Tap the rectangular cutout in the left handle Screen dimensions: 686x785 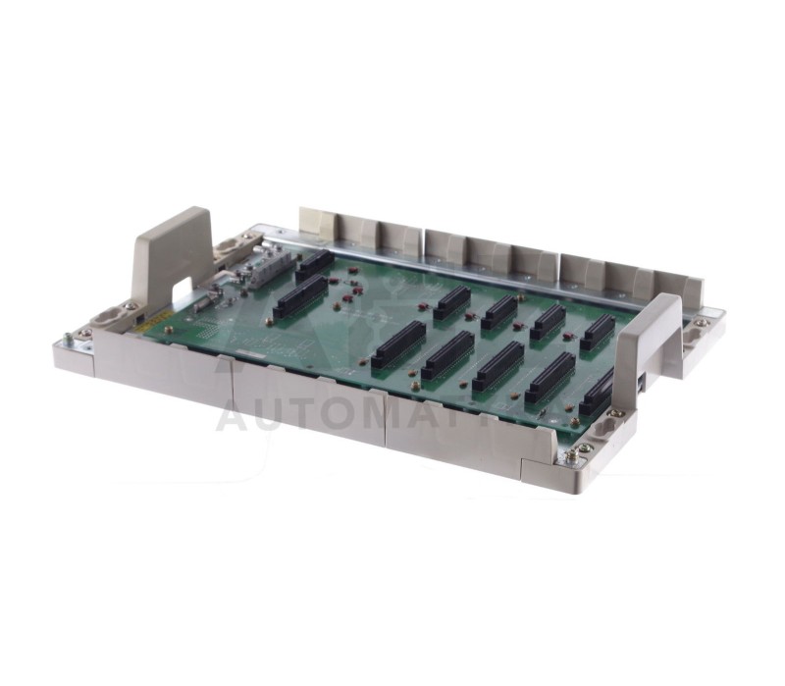(181, 291)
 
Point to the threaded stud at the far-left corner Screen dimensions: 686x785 (67, 338)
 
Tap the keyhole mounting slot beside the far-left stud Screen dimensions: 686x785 (106, 316)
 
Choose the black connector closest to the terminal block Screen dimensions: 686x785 (314, 263)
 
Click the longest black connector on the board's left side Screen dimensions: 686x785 (299, 295)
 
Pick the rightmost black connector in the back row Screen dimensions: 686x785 (597, 332)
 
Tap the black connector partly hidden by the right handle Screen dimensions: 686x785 (596, 396)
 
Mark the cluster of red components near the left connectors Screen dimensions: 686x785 (348, 287)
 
